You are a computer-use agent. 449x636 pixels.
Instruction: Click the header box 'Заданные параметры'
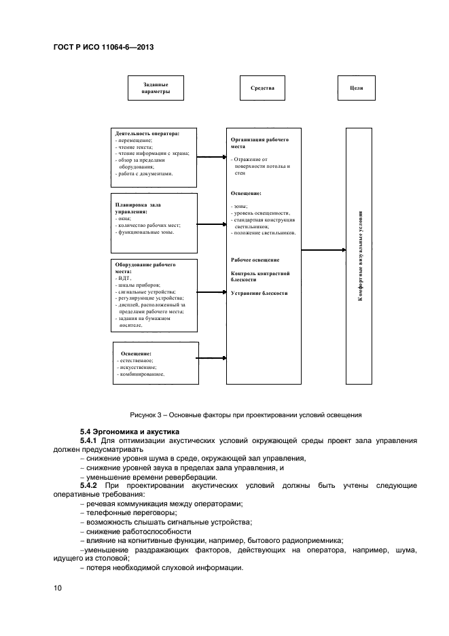click(x=156, y=88)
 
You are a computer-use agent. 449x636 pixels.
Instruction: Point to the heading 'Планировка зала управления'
click(x=139, y=208)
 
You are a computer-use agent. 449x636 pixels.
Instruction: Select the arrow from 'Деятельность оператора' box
click(x=212, y=157)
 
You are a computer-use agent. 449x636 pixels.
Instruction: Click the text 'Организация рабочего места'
click(x=260, y=142)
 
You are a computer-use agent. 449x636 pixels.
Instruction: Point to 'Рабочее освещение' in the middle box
click(x=255, y=260)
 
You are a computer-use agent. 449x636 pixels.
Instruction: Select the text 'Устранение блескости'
click(x=259, y=293)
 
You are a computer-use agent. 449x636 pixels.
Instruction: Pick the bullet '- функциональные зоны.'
click(x=145, y=233)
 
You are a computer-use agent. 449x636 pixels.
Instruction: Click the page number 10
click(x=58, y=588)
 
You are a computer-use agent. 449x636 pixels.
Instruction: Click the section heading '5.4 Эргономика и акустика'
click(x=129, y=431)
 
